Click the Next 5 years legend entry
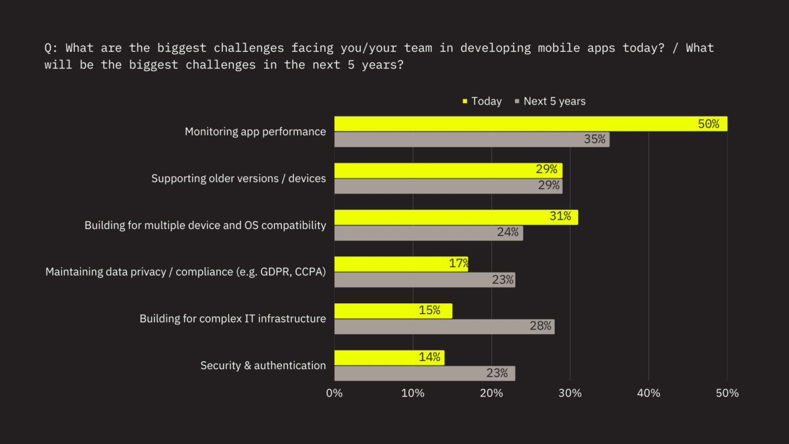pos(550,101)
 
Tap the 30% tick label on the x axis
pos(570,393)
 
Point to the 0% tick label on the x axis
pos(335,393)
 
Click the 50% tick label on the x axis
pos(727,393)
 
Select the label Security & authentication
pos(263,365)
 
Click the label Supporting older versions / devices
pos(239,178)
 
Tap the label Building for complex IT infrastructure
pos(233,318)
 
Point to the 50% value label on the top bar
pos(708,124)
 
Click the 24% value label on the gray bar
pos(508,232)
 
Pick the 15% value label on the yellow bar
pos(429,310)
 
